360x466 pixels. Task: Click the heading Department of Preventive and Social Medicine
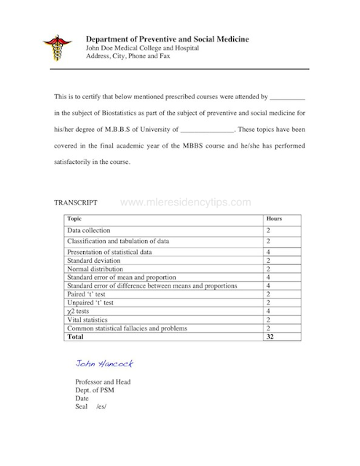[167, 38]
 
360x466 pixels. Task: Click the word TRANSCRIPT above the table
[77, 202]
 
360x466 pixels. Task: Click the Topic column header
[74, 218]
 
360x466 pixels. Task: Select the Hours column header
[274, 218]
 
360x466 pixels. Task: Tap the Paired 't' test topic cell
[86, 294]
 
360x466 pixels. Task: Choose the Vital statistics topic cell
[90, 320]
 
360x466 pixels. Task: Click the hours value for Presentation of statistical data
[269, 252]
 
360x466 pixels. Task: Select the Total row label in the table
[75, 337]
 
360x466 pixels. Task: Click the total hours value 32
[270, 337]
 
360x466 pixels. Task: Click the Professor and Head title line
[102, 382]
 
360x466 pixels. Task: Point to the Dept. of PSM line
[94, 390]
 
